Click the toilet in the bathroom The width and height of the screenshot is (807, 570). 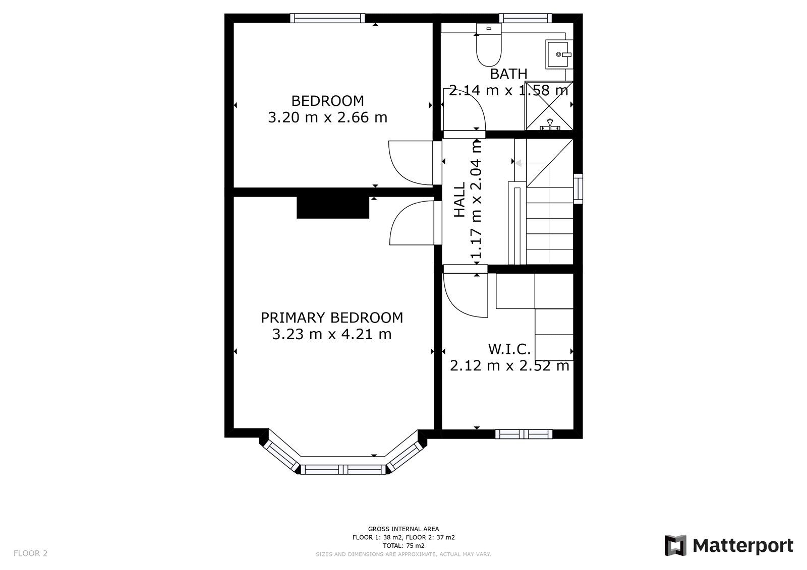488,48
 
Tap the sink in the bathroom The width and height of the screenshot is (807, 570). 558,54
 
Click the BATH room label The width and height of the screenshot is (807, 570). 508,74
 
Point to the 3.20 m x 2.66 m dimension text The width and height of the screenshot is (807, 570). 327,118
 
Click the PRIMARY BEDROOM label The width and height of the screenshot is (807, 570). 331,318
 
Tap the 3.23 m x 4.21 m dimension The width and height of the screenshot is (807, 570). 331,334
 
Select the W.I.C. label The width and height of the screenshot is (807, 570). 509,349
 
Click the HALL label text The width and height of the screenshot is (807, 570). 459,200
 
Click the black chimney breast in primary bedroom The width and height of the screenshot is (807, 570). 332,207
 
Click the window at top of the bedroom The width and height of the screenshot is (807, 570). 327,18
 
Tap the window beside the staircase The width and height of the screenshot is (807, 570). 578,188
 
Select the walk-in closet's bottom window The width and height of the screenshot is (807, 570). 524,434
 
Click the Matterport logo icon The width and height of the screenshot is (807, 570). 675,545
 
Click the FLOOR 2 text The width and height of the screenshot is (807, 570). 30,553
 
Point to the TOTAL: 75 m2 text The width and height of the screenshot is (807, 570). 403,545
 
